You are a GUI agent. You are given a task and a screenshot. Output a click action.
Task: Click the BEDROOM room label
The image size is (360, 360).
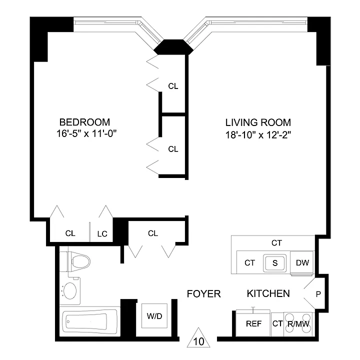(x=84, y=122)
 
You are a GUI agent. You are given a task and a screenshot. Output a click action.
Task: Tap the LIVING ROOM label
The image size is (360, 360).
(x=258, y=122)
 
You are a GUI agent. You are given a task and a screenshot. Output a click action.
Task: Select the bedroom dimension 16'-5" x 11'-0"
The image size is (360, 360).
(x=87, y=133)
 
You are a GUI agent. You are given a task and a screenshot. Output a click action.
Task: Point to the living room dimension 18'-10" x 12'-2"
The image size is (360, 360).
(x=258, y=135)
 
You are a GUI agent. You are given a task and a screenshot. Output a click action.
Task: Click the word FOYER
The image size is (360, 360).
(x=204, y=294)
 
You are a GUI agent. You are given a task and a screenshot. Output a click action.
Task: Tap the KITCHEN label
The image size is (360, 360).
(x=268, y=293)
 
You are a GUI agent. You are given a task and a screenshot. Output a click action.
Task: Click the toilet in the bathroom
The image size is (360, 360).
(x=75, y=261)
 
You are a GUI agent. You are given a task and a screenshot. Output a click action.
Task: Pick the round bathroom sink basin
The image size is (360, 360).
(x=70, y=290)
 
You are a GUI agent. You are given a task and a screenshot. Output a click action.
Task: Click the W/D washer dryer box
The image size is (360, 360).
(x=154, y=316)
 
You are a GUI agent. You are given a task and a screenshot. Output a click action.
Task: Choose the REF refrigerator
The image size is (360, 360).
(x=253, y=323)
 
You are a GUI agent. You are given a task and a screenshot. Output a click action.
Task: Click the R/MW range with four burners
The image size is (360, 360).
(x=298, y=323)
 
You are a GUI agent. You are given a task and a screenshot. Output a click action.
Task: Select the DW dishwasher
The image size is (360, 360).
(x=302, y=262)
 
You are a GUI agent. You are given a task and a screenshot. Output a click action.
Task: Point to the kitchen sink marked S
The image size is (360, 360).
(x=275, y=263)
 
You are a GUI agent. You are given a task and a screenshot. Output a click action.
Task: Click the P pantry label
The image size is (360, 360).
(x=318, y=294)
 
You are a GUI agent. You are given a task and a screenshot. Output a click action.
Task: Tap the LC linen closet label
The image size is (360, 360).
(x=102, y=234)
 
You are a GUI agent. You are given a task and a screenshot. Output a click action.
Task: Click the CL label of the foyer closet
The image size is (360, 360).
(x=153, y=233)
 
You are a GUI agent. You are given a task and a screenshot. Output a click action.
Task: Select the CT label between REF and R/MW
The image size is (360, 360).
(x=277, y=323)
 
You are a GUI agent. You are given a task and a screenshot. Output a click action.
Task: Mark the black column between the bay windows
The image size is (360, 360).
(x=173, y=47)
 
